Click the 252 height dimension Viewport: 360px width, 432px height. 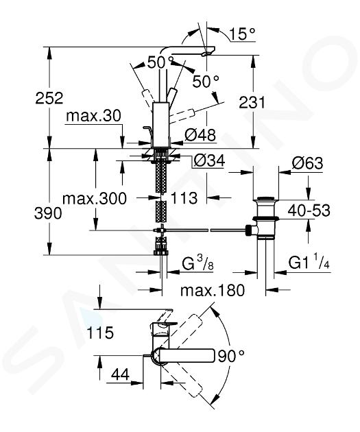(x=49, y=98)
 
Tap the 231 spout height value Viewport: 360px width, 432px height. (x=252, y=102)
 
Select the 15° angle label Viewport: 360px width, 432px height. (x=242, y=34)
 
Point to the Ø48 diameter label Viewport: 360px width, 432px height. (x=200, y=135)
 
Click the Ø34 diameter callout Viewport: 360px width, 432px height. (x=209, y=160)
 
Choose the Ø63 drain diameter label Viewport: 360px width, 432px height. (x=307, y=163)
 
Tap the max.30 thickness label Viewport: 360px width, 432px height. (x=93, y=116)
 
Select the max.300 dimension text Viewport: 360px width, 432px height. (x=95, y=198)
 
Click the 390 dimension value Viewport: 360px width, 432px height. (x=48, y=213)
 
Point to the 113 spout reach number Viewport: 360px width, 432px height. (x=184, y=198)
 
